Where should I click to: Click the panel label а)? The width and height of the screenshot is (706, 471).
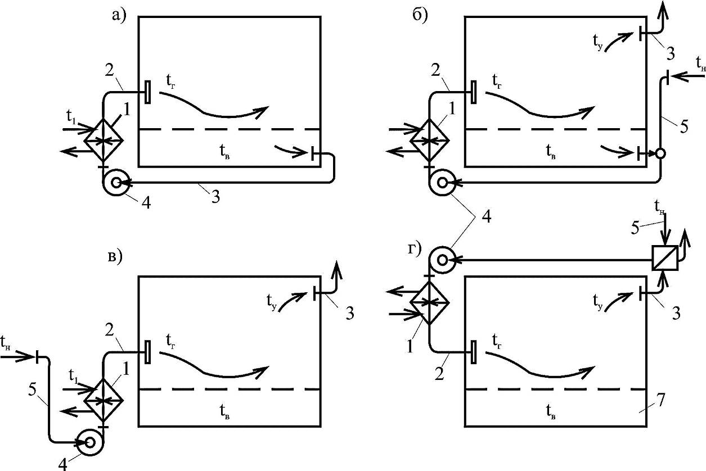[x=119, y=15]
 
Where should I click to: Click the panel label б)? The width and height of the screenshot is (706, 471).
[x=420, y=15]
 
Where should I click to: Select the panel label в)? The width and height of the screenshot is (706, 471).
[x=115, y=257]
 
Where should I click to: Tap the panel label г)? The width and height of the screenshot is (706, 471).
[x=415, y=250]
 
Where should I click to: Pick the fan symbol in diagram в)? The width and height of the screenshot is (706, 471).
[x=90, y=443]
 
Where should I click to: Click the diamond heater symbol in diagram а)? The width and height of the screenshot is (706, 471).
[x=104, y=141]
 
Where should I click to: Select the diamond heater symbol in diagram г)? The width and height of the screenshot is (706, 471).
[x=429, y=302]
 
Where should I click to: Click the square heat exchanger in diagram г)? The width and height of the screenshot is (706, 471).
[x=665, y=258]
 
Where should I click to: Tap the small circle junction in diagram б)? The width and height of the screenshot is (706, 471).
[x=660, y=153]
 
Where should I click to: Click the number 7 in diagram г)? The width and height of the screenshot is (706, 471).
[x=660, y=400]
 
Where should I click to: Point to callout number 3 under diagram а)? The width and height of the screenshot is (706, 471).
[x=215, y=197]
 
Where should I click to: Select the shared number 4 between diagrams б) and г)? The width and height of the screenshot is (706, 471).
[x=487, y=216]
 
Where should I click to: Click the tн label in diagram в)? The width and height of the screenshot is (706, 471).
[x=6, y=342]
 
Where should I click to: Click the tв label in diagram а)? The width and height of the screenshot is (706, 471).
[x=224, y=152]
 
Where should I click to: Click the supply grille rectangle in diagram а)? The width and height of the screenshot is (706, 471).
[x=147, y=92]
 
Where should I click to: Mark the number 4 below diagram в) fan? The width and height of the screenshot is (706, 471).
[x=62, y=464]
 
